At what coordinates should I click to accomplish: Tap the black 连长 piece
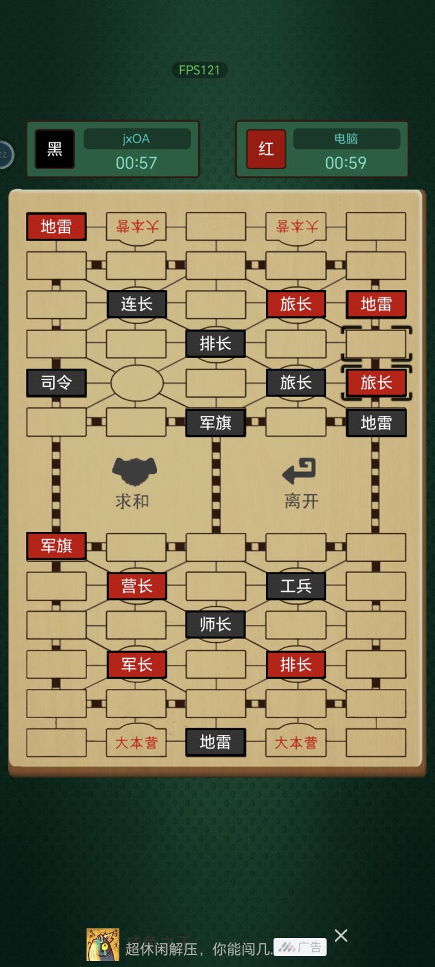pos(137,305)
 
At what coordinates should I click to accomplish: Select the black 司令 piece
pos(57,383)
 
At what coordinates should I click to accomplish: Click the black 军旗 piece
pos(216,422)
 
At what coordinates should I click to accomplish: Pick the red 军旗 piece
pos(57,546)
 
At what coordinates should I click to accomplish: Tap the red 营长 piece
pos(137,586)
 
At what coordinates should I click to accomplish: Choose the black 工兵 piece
pos(296,586)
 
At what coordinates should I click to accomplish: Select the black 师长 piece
pos(216,624)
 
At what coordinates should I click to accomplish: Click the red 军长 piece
pos(137,664)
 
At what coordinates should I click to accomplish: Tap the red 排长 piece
pos(296,664)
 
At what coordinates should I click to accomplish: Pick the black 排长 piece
pos(216,344)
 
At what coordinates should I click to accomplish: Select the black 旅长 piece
pos(296,383)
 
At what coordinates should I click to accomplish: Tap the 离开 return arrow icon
pos(299,471)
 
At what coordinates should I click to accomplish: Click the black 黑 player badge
pos(55,149)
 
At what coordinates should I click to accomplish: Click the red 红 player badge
pos(266,149)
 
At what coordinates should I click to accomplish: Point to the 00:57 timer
pos(137,163)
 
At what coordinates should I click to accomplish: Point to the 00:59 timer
pos(346,163)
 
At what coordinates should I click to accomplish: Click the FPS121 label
pos(199,70)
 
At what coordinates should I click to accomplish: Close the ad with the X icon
pos(341,936)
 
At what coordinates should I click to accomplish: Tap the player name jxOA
pos(137,139)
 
